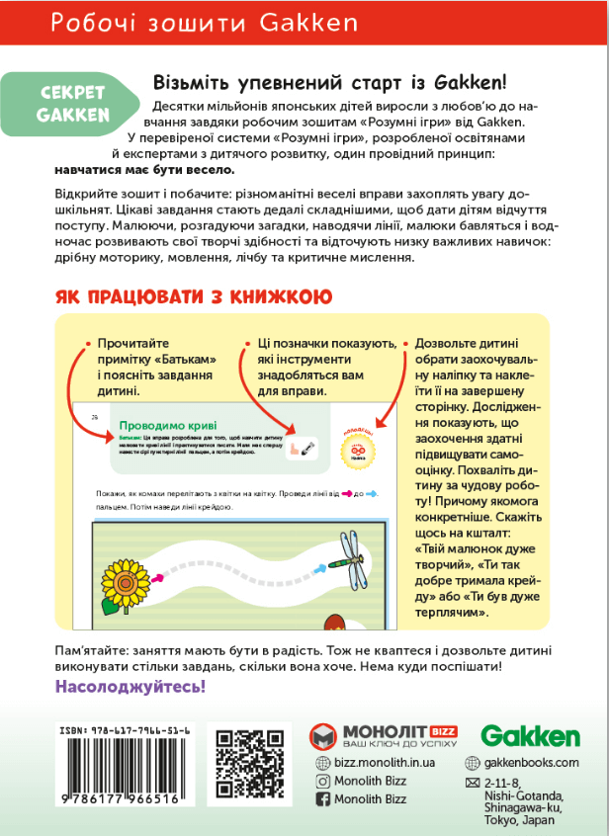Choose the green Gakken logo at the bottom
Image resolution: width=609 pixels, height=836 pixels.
pyautogui.click(x=530, y=736)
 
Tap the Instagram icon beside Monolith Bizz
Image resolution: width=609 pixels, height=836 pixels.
pyautogui.click(x=321, y=781)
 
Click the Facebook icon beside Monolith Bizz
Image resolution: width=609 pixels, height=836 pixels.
pyautogui.click(x=321, y=799)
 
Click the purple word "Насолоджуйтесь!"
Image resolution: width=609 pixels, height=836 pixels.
pyautogui.click(x=130, y=686)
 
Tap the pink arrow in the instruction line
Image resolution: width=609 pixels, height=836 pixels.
pyautogui.click(x=348, y=493)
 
